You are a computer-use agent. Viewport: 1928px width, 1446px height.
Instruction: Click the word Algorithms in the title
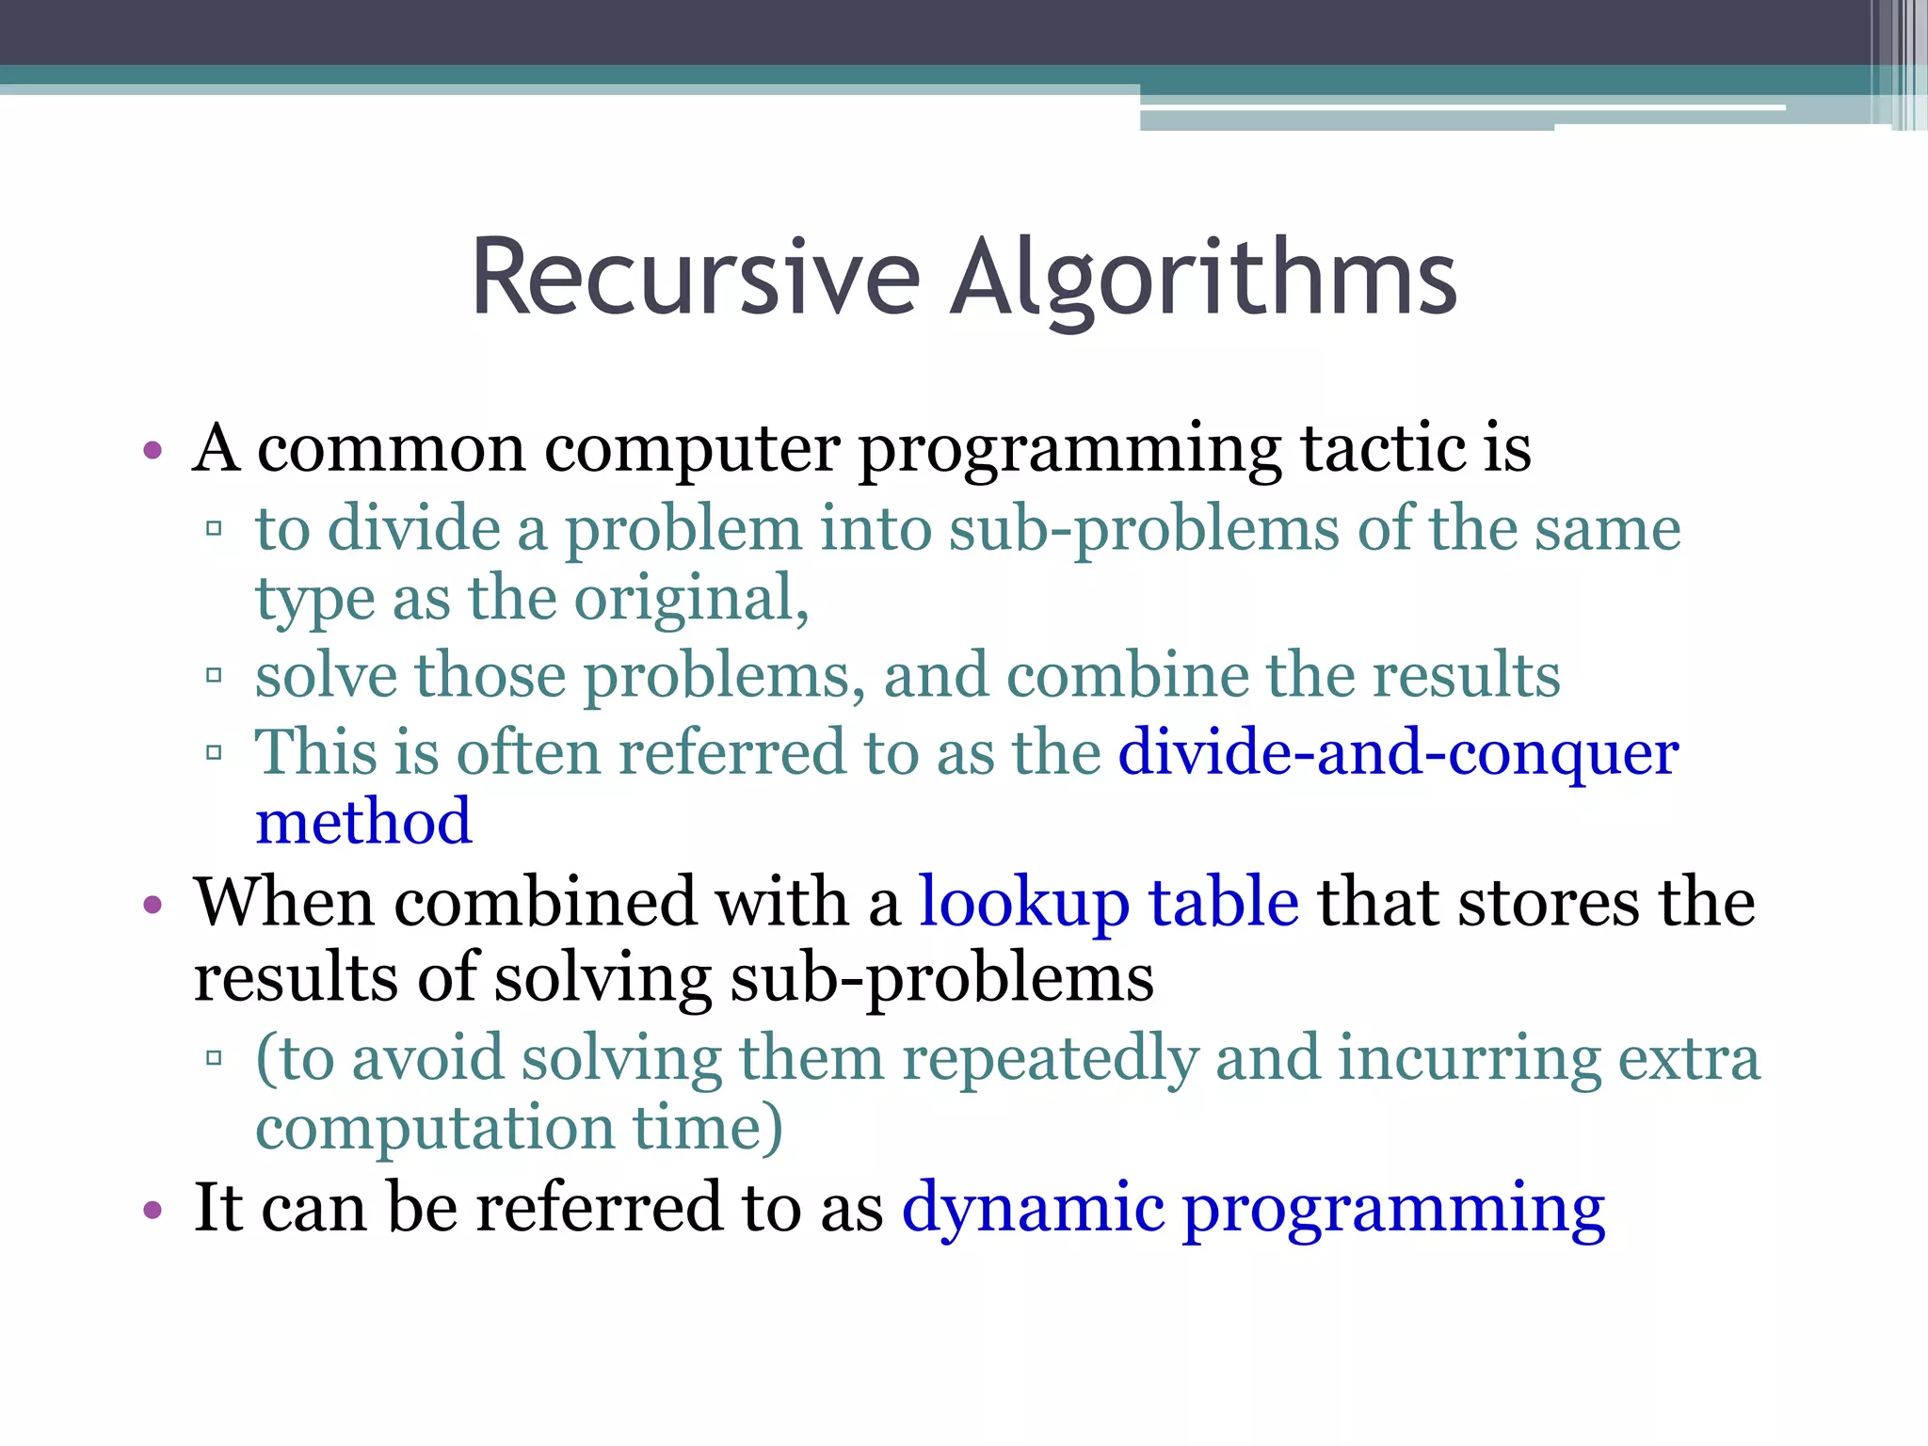click(1203, 278)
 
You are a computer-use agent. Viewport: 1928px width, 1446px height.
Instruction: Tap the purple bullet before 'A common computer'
click(153, 449)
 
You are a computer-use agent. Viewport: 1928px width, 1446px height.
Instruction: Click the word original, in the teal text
click(691, 599)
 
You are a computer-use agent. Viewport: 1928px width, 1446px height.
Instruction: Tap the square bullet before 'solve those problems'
click(214, 675)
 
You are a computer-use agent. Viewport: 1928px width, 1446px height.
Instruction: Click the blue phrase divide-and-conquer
click(1398, 753)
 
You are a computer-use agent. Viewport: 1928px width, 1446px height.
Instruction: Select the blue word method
click(363, 821)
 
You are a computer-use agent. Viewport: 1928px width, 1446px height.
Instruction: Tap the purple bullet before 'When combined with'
click(153, 905)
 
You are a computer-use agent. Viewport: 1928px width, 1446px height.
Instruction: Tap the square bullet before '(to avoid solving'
click(214, 1057)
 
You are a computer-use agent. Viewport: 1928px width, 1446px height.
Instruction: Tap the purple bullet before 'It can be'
click(153, 1209)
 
